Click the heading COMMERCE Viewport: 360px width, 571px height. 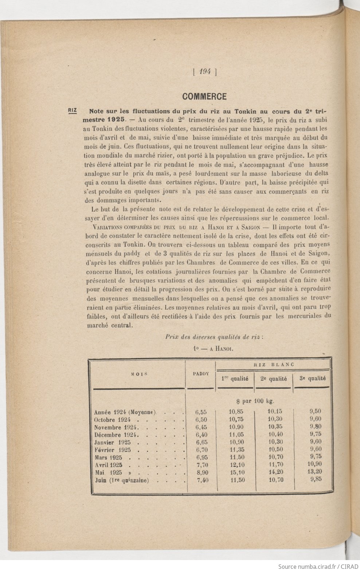point(204,97)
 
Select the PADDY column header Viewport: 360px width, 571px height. point(200,374)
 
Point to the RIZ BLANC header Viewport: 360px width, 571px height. point(273,364)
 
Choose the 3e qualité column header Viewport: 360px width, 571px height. point(312,378)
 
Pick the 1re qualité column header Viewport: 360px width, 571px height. point(235,378)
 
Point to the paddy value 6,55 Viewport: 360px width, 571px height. point(201,412)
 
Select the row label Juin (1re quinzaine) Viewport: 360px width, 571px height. point(122,481)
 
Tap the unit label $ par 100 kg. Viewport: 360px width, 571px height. point(255,401)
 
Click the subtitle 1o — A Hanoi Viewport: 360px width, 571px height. point(214,348)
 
